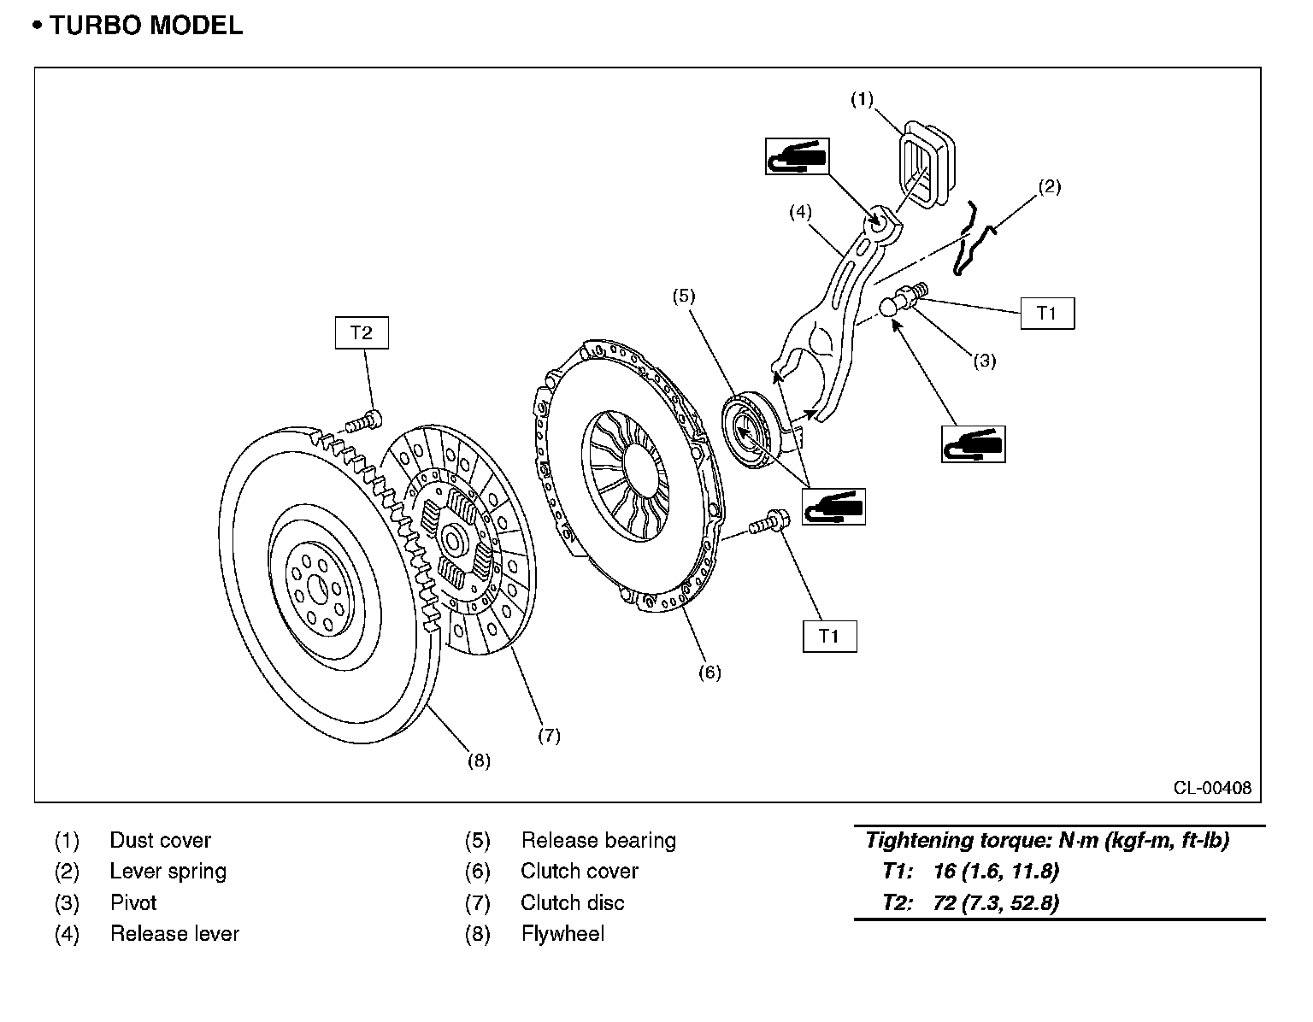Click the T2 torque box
[x=362, y=332]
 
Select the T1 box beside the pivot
[x=1047, y=313]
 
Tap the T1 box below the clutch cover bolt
[x=830, y=636]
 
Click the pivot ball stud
[x=903, y=299]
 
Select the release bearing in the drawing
[x=751, y=429]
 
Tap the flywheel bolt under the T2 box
[x=363, y=420]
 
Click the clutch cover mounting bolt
[x=768, y=522]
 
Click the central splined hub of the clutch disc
[x=453, y=539]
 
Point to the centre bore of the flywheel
[x=318, y=589]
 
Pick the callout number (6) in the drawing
[x=710, y=673]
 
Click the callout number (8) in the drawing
[x=480, y=761]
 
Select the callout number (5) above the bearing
[x=684, y=296]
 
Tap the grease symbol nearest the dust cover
[x=797, y=156]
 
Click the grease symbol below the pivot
[x=974, y=444]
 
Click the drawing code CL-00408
[x=1212, y=788]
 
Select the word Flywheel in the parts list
[x=562, y=934]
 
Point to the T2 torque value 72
[x=945, y=902]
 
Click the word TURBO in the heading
[x=96, y=26]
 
